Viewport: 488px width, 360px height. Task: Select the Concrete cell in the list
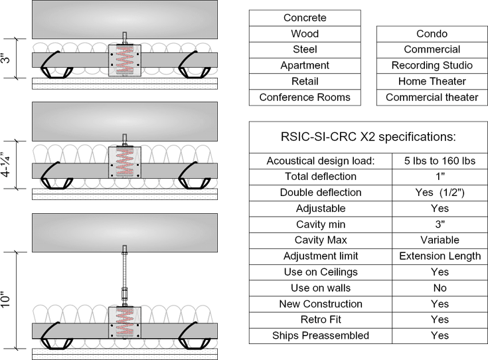305,18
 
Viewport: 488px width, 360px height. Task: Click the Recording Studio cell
432,66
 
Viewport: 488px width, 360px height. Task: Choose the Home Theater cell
432,82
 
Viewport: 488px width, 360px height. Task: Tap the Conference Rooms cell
305,98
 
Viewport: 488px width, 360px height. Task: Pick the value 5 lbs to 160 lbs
431,161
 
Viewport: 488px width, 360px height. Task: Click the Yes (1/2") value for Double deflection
431,193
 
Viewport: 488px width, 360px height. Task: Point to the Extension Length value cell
431,256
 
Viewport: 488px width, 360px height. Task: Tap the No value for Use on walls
431,288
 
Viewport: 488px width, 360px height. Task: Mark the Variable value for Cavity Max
431,240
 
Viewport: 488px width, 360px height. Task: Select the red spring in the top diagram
125,60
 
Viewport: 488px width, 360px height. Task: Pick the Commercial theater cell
432,98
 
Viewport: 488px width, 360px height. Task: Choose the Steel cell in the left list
305,50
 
